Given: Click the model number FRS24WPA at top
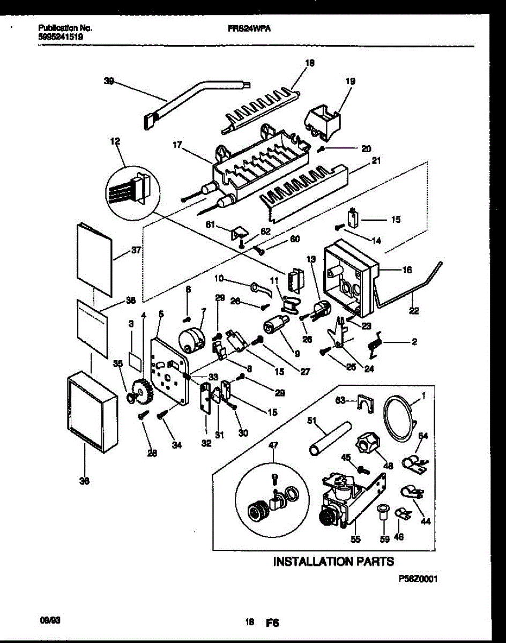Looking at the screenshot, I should click(249, 30).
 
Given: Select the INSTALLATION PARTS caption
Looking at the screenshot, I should click(333, 562).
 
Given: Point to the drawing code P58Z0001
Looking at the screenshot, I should click(415, 579).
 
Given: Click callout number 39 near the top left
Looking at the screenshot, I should click(109, 81).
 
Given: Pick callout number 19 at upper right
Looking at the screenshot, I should click(350, 82).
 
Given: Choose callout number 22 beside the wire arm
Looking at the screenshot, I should click(414, 310).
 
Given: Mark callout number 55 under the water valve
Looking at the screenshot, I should click(355, 539).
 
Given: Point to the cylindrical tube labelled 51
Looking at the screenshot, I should click(328, 438).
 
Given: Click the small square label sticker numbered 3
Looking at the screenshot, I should click(136, 360).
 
